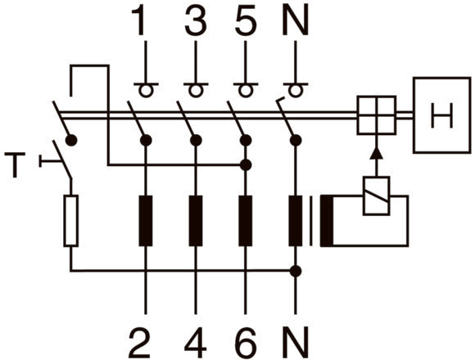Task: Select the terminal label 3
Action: click(x=196, y=21)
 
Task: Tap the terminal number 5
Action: click(x=246, y=21)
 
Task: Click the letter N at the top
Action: click(x=296, y=21)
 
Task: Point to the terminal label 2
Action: click(x=140, y=343)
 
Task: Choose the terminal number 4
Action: click(x=196, y=343)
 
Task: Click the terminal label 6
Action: click(x=246, y=343)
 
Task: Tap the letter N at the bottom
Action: click(x=296, y=343)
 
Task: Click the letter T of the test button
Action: click(x=15, y=165)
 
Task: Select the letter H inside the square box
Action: click(x=442, y=115)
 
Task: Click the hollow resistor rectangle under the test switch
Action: click(x=71, y=221)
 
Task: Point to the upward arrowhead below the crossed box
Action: click(x=377, y=153)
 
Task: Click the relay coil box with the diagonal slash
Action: click(x=377, y=196)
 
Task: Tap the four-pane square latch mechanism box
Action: click(x=377, y=115)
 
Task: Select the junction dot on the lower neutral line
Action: click(x=296, y=271)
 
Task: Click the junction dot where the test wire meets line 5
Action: click(x=246, y=165)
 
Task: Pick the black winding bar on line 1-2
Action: click(x=146, y=221)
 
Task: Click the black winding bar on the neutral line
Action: click(x=296, y=221)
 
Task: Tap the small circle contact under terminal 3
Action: click(x=196, y=91)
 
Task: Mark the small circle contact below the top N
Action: click(x=296, y=91)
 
